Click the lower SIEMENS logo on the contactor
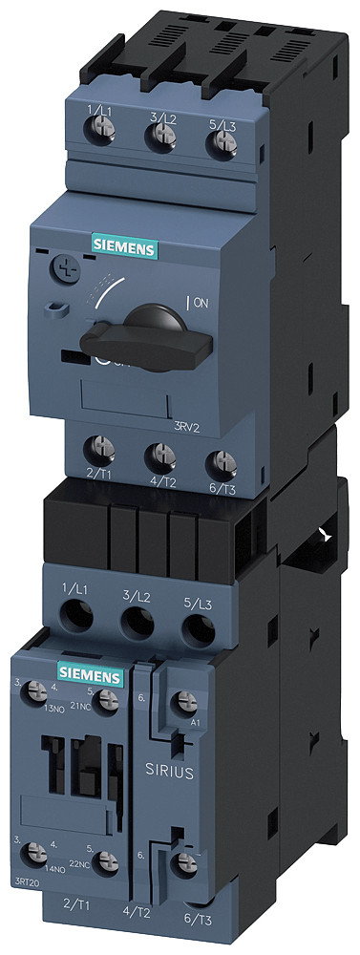[x=91, y=675]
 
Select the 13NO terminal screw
[x=38, y=689]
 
